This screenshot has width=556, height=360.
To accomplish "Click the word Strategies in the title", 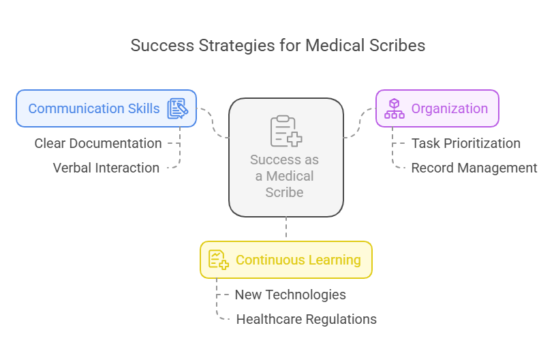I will (211, 46).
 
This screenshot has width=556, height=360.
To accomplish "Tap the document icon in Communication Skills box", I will (177, 108).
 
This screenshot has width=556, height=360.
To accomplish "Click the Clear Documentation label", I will (98, 143).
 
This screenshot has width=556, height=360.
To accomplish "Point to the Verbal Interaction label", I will (106, 168).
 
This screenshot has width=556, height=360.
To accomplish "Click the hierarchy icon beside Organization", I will (395, 108).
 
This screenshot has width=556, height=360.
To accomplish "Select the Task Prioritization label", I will (465, 143).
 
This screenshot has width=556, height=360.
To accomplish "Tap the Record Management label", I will (474, 168).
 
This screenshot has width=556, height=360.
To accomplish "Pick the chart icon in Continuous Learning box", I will (218, 260).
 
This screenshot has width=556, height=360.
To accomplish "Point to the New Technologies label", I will (290, 295).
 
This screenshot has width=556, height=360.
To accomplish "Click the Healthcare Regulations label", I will (306, 319).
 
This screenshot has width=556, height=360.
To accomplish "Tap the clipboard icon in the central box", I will (285, 131).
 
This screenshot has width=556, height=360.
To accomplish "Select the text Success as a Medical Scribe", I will (284, 176).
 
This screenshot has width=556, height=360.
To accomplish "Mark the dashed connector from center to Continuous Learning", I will (286, 228).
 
